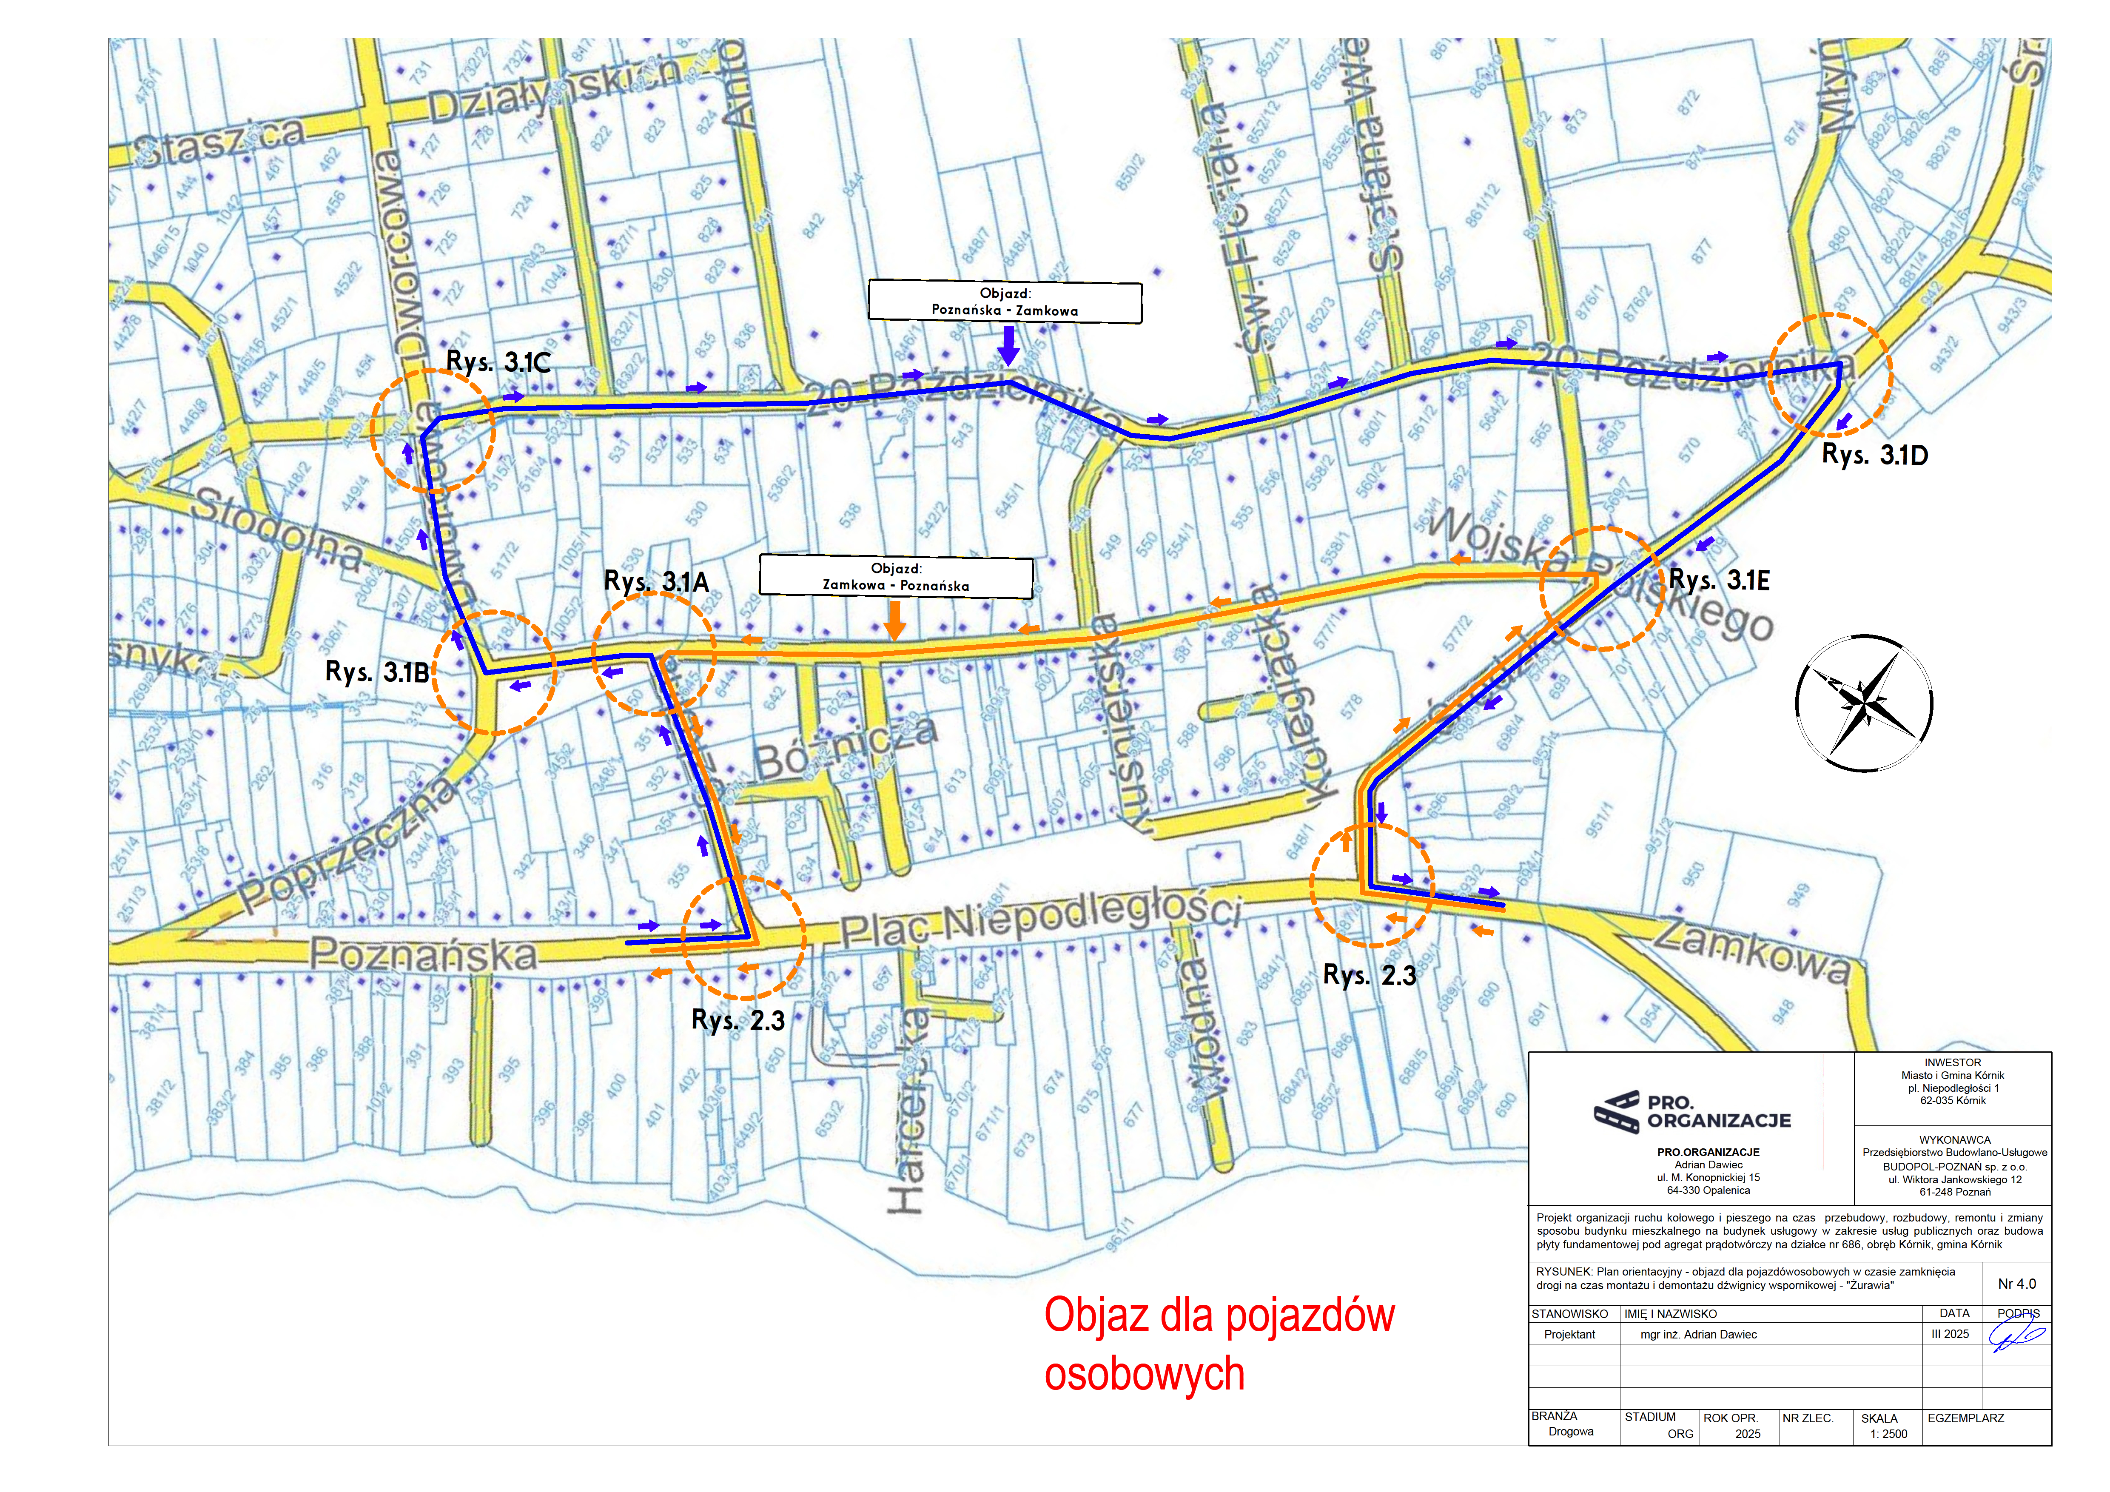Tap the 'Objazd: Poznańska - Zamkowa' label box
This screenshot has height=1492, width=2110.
[1005, 302]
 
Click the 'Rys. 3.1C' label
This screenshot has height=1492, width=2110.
[498, 361]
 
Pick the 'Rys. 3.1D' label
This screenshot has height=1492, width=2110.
[1875, 454]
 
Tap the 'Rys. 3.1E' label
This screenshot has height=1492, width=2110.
[1719, 580]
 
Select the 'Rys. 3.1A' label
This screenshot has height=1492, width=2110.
[656, 581]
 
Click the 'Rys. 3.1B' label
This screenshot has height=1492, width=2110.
[377, 672]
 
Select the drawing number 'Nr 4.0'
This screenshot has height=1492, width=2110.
[2016, 1284]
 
